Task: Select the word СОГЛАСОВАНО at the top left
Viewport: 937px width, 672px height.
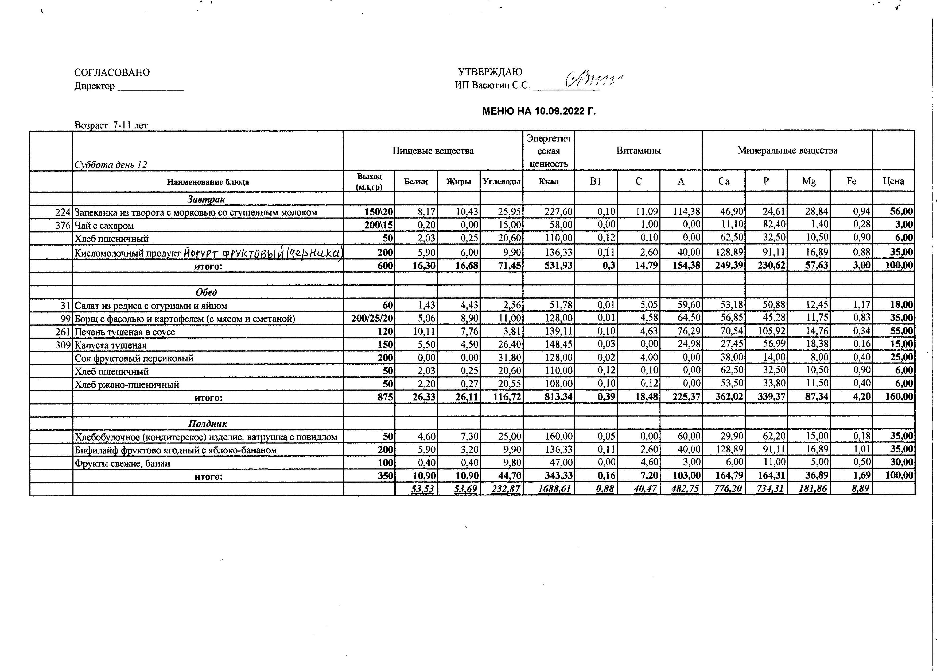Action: [x=112, y=72]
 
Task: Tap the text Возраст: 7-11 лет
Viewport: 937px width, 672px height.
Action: [x=111, y=125]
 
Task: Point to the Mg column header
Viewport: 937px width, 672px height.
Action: [x=808, y=181]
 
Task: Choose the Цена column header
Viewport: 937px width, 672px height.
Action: [x=893, y=181]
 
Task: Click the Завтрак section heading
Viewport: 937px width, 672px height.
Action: [x=206, y=199]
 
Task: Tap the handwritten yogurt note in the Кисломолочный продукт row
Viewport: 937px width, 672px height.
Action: [x=263, y=252]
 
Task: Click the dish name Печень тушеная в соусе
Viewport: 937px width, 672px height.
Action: [x=125, y=332]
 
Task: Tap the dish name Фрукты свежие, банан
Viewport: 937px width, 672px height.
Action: [x=122, y=463]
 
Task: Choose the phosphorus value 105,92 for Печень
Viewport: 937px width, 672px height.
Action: [x=772, y=331]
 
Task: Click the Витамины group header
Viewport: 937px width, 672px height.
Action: [x=638, y=151]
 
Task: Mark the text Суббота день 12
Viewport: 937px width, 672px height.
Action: [x=111, y=165]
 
